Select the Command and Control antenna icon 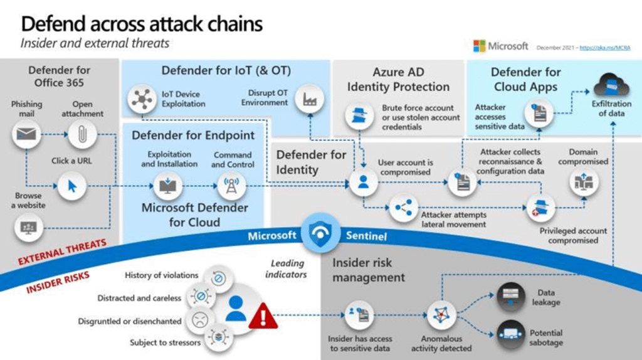229,185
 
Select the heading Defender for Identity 311,162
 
